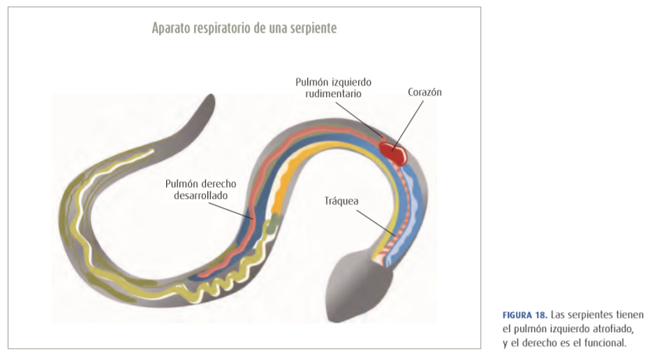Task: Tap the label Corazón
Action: click(x=425, y=92)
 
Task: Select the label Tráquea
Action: click(x=341, y=200)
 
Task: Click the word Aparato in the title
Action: click(x=172, y=29)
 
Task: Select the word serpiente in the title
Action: click(x=311, y=29)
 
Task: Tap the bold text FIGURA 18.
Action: click(x=524, y=315)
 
